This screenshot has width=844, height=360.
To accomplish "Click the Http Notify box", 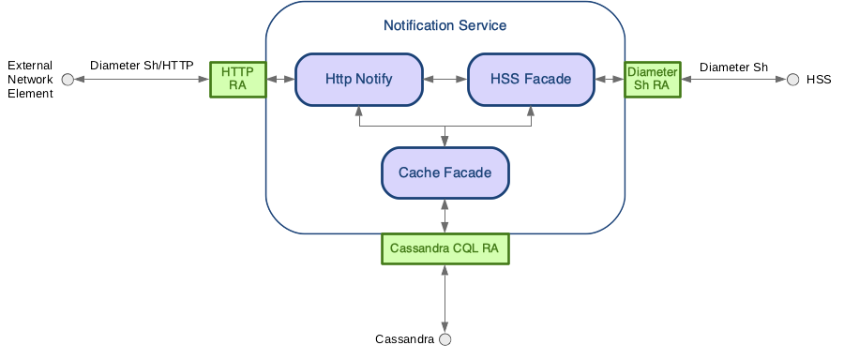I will coord(358,80).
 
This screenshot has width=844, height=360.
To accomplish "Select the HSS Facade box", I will coord(531,80).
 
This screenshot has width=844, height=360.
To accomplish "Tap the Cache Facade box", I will coord(445,172).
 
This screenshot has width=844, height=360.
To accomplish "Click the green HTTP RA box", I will coord(237,80).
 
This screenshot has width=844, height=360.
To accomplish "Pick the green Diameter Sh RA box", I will coord(652,80).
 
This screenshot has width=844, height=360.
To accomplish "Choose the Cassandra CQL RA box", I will coord(445,248).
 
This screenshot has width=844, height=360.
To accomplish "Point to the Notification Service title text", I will coord(445,25).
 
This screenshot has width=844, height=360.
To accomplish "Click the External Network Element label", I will coord(30,81).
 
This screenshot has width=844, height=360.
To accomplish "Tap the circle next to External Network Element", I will coord(68,81).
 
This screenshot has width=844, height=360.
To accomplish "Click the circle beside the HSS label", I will coord(792,80).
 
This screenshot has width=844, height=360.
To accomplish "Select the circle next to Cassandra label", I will coord(445,338).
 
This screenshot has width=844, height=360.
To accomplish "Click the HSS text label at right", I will coord(819,81).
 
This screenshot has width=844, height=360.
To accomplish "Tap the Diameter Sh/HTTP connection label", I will coord(142,66).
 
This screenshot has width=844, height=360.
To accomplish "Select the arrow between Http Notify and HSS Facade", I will coord(445,80).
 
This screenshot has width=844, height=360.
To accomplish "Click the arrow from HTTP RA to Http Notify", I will coord(280,80).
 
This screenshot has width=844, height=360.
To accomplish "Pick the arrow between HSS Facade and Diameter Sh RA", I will coord(610,80).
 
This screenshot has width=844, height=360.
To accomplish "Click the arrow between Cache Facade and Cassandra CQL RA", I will coord(445,217).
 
